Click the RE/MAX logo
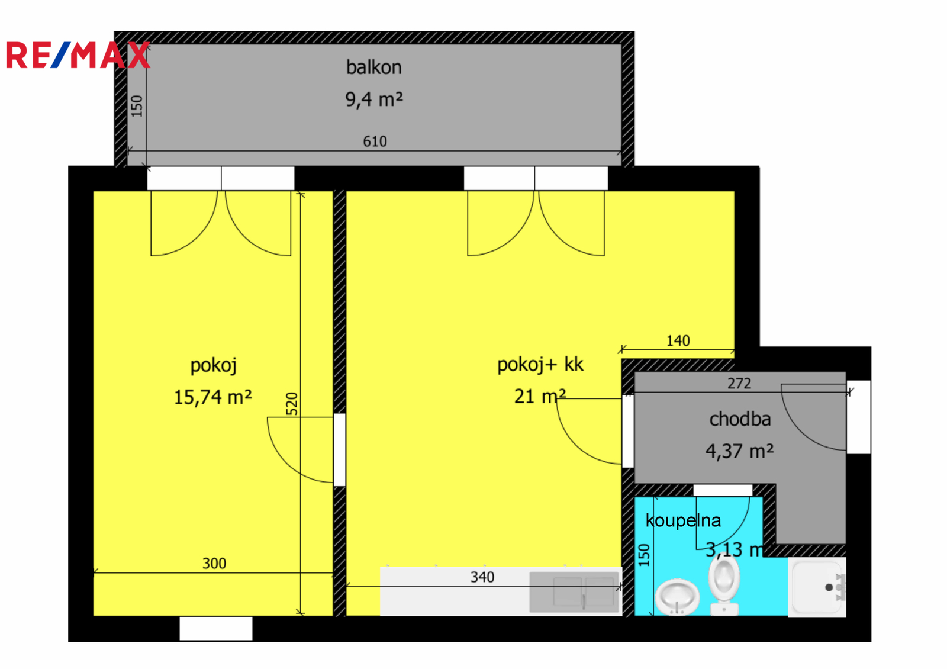tap(78, 56)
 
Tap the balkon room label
tap(373, 67)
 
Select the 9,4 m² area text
tap(373, 99)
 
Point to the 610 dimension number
tap(375, 141)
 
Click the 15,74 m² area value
tap(212, 397)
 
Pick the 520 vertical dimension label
tap(292, 404)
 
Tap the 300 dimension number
tap(214, 564)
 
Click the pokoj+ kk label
tap(540, 365)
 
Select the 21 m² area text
tap(539, 396)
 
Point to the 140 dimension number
tap(678, 341)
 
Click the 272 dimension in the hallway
tap(739, 384)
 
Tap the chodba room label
tap(740, 419)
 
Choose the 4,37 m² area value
tap(739, 451)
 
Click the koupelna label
tap(683, 520)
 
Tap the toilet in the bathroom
tap(724, 586)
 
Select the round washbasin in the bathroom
tap(677, 596)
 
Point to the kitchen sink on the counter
tap(574, 591)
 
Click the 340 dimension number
tap(482, 577)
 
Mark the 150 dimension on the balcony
tap(137, 106)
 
